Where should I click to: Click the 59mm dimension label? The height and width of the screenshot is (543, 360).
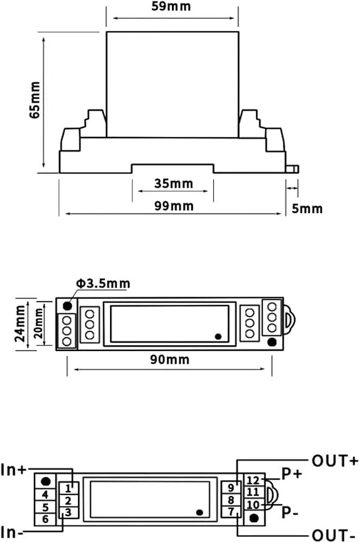tap(171, 6)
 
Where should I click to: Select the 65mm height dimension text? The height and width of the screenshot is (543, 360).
tap(35, 100)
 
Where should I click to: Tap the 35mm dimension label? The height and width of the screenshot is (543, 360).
tap(173, 183)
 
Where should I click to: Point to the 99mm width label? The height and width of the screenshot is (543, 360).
tap(174, 206)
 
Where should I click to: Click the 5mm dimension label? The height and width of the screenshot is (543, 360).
tap(307, 209)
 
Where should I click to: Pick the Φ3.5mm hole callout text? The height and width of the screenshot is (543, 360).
tap(103, 283)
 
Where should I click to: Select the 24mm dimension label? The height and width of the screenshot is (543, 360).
tap(20, 324)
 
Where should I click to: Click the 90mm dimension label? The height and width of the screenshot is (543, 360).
tap(169, 359)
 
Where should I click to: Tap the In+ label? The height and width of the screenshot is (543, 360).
tap(13, 470)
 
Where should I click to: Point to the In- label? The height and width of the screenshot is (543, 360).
tap(12, 532)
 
